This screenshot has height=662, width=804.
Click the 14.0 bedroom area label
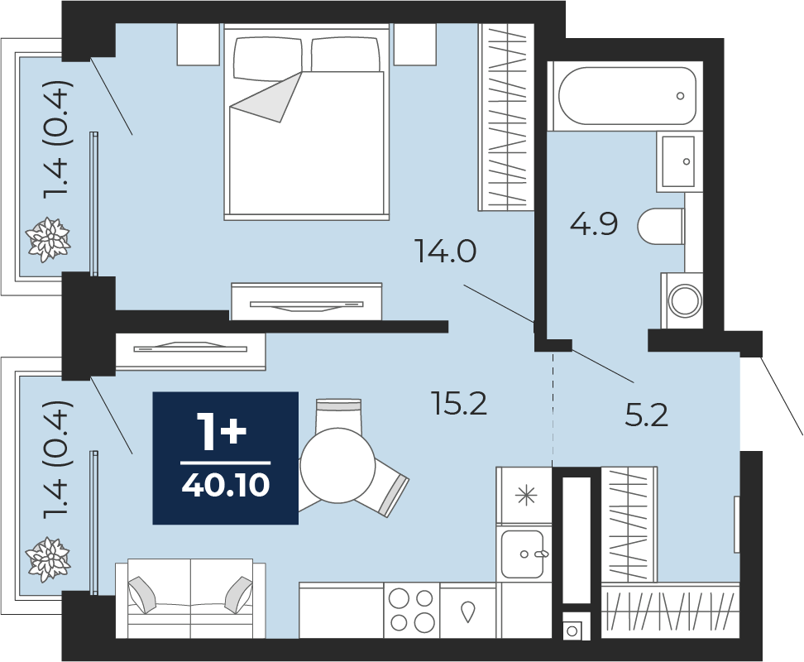446,252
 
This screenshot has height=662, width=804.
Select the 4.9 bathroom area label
594,223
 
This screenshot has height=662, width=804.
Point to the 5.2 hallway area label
646,415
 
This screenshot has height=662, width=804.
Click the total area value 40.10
226,485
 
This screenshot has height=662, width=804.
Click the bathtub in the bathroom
627,96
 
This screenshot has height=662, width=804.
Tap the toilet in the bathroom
661,226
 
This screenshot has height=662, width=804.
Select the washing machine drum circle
685,300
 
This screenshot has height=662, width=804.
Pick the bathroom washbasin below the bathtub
678,161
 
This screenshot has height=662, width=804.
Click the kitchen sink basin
522,554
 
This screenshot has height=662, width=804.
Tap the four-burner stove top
412,610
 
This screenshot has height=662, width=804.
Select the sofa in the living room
190,598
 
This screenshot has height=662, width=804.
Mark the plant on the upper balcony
48,239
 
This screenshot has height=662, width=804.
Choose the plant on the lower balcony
48,559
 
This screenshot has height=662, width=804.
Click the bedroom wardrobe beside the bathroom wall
506,118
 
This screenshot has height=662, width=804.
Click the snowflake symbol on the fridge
525,496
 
